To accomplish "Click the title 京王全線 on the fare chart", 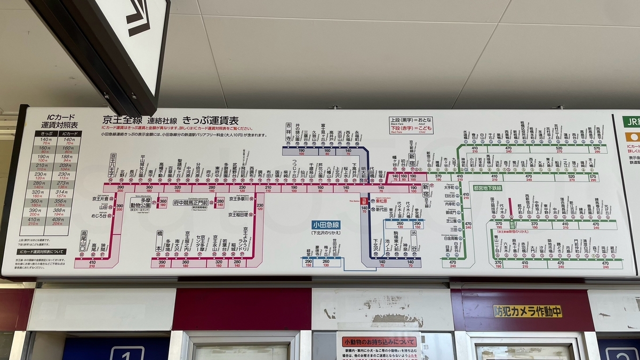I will [122, 121].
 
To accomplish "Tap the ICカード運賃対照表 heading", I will [60, 121].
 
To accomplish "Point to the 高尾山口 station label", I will [84, 241].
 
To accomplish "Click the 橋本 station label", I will [159, 241].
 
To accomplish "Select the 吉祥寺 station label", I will [289, 132].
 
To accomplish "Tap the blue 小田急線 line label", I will [326, 225].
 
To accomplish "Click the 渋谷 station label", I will [414, 241].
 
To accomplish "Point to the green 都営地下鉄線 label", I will [487, 188].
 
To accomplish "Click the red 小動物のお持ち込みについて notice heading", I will [379, 342].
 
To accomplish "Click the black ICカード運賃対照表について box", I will [42, 251].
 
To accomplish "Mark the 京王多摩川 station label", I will [240, 198].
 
